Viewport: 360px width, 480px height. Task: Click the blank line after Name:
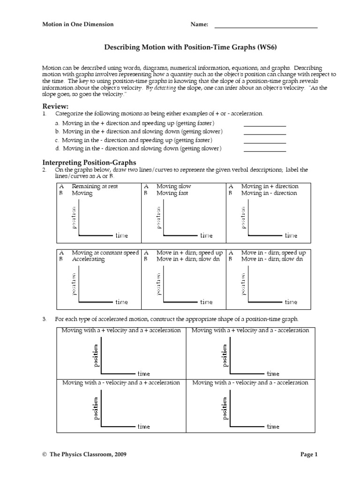[266, 27]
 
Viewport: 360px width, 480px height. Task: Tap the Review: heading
[55, 106]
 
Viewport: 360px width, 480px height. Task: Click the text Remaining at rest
[95, 186]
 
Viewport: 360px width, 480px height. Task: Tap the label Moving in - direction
[269, 193]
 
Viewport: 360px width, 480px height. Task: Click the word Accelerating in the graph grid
[88, 259]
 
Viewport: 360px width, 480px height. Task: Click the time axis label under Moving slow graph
[206, 235]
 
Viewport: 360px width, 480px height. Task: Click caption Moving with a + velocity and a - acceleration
[250, 330]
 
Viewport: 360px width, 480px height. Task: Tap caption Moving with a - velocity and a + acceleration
[121, 382]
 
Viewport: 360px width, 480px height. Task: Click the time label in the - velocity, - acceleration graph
[273, 427]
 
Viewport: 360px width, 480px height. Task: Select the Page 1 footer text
[309, 454]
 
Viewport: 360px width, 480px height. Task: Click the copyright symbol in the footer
[45, 455]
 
